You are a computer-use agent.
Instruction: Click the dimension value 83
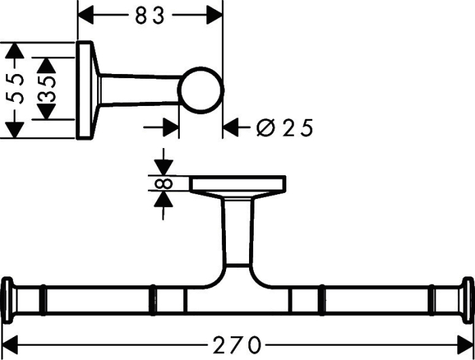(x=150, y=16)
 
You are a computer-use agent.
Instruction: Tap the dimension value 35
(x=47, y=88)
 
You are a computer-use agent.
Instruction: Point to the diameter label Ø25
(x=284, y=128)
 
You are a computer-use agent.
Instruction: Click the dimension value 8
(x=164, y=183)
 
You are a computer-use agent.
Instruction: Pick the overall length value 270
(x=237, y=345)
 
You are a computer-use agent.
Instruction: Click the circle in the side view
(x=200, y=90)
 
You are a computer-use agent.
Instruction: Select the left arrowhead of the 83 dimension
(x=85, y=15)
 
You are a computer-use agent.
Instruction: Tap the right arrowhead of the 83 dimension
(x=214, y=15)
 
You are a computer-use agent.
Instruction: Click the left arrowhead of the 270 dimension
(x=11, y=345)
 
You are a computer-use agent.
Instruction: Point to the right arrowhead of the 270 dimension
(x=465, y=345)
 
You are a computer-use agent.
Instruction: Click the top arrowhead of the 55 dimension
(x=14, y=51)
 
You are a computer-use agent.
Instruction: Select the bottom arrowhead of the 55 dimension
(x=14, y=130)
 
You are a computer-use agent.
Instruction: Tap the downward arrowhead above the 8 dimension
(x=164, y=168)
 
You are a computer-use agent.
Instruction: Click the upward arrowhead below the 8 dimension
(x=164, y=199)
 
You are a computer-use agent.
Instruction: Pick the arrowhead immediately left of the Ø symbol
(x=231, y=128)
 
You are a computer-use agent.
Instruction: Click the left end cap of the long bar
(x=8, y=300)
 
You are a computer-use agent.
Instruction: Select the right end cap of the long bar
(x=468, y=300)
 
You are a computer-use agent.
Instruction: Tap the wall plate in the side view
(x=84, y=90)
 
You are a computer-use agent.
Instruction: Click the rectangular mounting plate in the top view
(x=237, y=183)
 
